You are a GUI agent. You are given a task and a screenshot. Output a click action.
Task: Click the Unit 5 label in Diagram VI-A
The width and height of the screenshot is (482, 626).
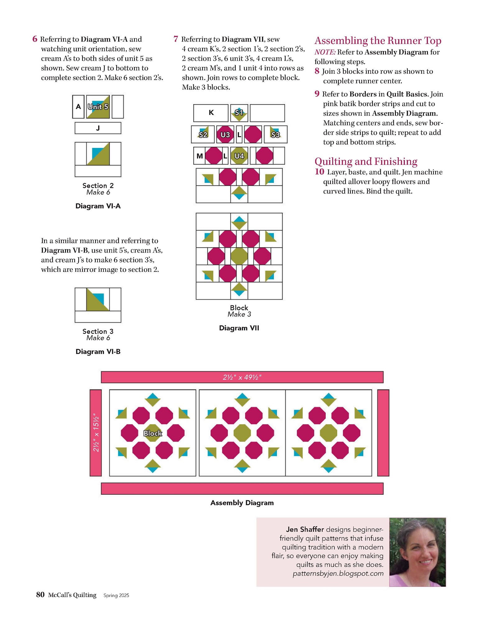(98, 107)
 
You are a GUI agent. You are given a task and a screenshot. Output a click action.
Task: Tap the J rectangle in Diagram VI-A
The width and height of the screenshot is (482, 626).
(98, 128)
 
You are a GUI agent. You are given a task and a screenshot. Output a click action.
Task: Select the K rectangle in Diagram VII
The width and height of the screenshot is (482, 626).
(211, 113)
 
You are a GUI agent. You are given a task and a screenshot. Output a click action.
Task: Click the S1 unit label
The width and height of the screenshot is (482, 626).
(239, 113)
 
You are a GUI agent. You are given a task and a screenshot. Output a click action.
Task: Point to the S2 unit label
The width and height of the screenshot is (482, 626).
(203, 134)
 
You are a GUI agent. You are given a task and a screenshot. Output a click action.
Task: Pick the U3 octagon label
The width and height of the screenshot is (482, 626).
(225, 134)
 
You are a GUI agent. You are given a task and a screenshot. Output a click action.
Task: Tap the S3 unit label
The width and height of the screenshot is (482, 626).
(275, 134)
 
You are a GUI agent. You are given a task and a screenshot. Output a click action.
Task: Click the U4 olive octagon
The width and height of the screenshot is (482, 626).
(239, 156)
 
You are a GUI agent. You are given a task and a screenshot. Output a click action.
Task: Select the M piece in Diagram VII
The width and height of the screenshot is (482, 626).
(200, 156)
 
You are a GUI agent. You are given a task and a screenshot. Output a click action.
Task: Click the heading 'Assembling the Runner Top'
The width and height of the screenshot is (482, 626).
(378, 40)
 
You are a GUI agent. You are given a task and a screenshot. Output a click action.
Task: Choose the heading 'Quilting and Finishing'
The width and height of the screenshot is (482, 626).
(366, 161)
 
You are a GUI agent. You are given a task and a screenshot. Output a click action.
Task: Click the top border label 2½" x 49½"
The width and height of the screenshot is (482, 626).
(242, 377)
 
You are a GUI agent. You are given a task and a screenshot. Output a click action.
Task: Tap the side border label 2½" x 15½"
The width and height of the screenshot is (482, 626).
(96, 433)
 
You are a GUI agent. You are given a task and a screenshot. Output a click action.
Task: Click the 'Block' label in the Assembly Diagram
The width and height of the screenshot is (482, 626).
(153, 433)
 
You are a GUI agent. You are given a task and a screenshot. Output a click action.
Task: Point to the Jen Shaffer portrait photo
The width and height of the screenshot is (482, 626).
(417, 552)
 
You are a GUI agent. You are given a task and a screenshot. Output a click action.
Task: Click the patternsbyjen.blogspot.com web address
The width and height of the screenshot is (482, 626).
(338, 573)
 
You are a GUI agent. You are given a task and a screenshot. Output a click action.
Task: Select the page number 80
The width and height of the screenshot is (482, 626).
(40, 595)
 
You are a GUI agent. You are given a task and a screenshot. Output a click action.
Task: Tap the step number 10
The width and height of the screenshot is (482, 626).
(319, 172)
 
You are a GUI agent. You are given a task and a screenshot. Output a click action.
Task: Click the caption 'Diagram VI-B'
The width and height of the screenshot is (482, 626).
(98, 351)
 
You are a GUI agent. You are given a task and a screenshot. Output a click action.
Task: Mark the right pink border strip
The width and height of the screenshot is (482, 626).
(383, 433)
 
